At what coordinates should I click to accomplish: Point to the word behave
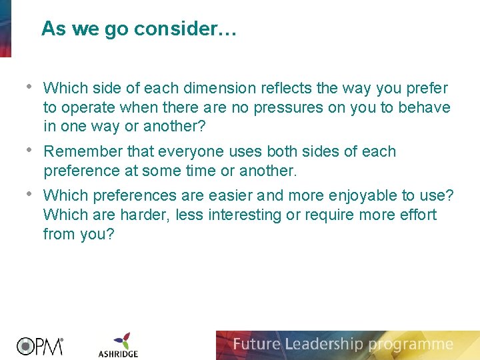[427, 107]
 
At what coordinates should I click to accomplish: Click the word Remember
[77, 151]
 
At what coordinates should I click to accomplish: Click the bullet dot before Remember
[28, 151]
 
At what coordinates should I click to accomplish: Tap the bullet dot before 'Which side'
[28, 87]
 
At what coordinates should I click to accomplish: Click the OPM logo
[39, 346]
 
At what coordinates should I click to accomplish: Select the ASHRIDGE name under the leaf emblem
[119, 353]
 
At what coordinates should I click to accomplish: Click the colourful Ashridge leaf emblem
[121, 340]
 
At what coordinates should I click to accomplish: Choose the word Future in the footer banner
[257, 345]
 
